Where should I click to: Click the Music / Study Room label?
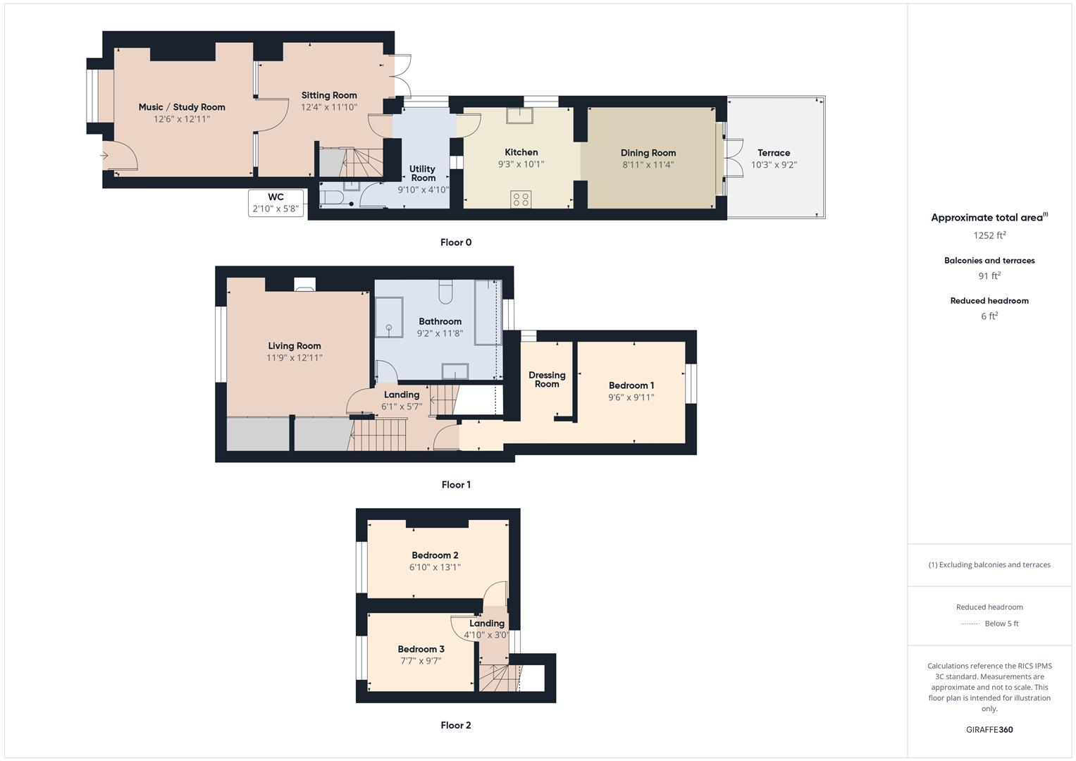point(182,107)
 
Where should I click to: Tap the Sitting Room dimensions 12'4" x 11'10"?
point(329,107)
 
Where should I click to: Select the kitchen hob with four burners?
point(521,199)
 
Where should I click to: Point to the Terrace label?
point(774,153)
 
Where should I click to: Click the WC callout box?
point(276,203)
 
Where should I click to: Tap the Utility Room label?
point(423,173)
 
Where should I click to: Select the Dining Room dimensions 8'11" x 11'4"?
point(648,165)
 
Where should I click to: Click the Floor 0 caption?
point(456,242)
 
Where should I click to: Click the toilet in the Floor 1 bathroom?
point(445,290)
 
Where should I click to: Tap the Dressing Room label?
point(547,380)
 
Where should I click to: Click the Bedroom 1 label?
point(631,385)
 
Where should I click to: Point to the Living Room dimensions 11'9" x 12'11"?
point(294,358)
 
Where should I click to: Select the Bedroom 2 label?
point(435,555)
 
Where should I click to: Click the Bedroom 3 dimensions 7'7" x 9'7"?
point(421,661)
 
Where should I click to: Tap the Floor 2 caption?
point(456,725)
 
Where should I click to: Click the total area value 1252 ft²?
point(989,235)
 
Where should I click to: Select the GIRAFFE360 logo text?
point(989,729)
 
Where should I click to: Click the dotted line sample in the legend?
point(970,624)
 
